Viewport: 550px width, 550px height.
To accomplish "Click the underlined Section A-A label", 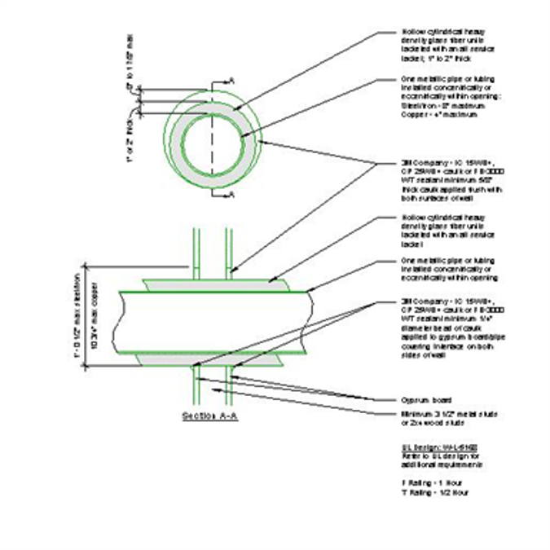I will tap(212, 416).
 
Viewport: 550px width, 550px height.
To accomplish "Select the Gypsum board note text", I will tap(424, 400).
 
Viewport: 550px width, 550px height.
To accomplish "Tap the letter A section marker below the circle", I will tap(231, 194).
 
